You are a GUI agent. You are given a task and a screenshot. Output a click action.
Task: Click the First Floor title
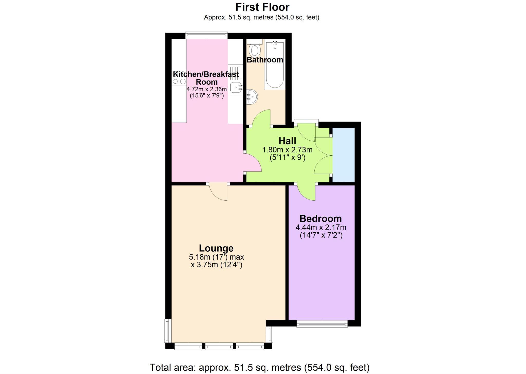262,7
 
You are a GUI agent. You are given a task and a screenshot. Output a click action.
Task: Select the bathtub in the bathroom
275,65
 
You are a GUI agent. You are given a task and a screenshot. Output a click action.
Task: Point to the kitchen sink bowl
236,87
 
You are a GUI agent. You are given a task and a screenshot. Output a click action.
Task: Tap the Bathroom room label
265,60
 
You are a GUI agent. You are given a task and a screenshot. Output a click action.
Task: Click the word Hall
287,141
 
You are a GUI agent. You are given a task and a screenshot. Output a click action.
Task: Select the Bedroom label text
321,219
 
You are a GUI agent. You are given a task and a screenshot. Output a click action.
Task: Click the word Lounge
216,248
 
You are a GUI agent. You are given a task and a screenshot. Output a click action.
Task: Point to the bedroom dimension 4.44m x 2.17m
321,227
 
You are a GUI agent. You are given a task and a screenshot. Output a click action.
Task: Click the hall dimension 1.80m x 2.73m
287,150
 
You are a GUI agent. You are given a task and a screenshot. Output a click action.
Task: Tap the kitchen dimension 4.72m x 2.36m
206,89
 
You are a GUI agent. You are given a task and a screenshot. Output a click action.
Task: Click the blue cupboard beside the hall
344,155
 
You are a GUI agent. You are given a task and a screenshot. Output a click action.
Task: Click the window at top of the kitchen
206,35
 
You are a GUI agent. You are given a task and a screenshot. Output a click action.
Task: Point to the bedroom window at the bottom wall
322,324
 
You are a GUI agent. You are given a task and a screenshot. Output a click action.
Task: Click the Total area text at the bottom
259,367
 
